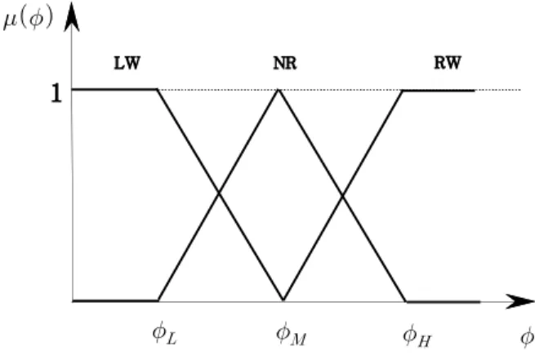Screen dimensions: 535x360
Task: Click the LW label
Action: click(127, 64)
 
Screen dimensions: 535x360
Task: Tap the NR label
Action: click(285, 64)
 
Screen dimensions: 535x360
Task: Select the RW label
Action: click(448, 63)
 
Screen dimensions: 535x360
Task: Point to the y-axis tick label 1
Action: click(56, 93)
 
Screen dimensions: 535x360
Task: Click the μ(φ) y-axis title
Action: click(28, 18)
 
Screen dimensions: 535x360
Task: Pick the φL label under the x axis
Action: click(164, 333)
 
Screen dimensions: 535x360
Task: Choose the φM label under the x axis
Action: click(291, 334)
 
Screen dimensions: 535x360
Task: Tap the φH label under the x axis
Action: click(417, 335)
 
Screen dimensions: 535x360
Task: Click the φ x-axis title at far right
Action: click(528, 337)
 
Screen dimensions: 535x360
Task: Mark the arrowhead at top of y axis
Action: click(72, 17)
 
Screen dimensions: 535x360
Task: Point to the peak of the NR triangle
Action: click(279, 90)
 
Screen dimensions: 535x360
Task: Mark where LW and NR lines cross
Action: click(219, 193)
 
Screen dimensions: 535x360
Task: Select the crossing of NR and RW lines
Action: click(342, 196)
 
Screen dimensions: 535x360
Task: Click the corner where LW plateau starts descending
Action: click(158, 90)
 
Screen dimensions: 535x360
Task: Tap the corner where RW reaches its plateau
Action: click(403, 91)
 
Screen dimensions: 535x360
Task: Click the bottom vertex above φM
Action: click(283, 300)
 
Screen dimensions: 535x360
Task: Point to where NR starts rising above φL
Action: click(158, 300)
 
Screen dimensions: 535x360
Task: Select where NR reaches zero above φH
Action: click(407, 301)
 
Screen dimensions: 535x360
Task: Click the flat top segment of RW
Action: click(439, 91)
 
